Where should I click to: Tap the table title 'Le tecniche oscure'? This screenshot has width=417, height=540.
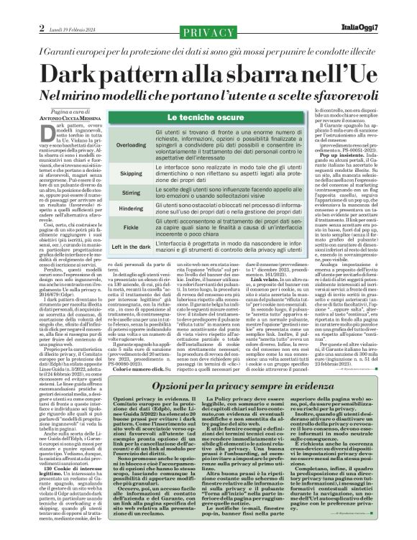point(199,116)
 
